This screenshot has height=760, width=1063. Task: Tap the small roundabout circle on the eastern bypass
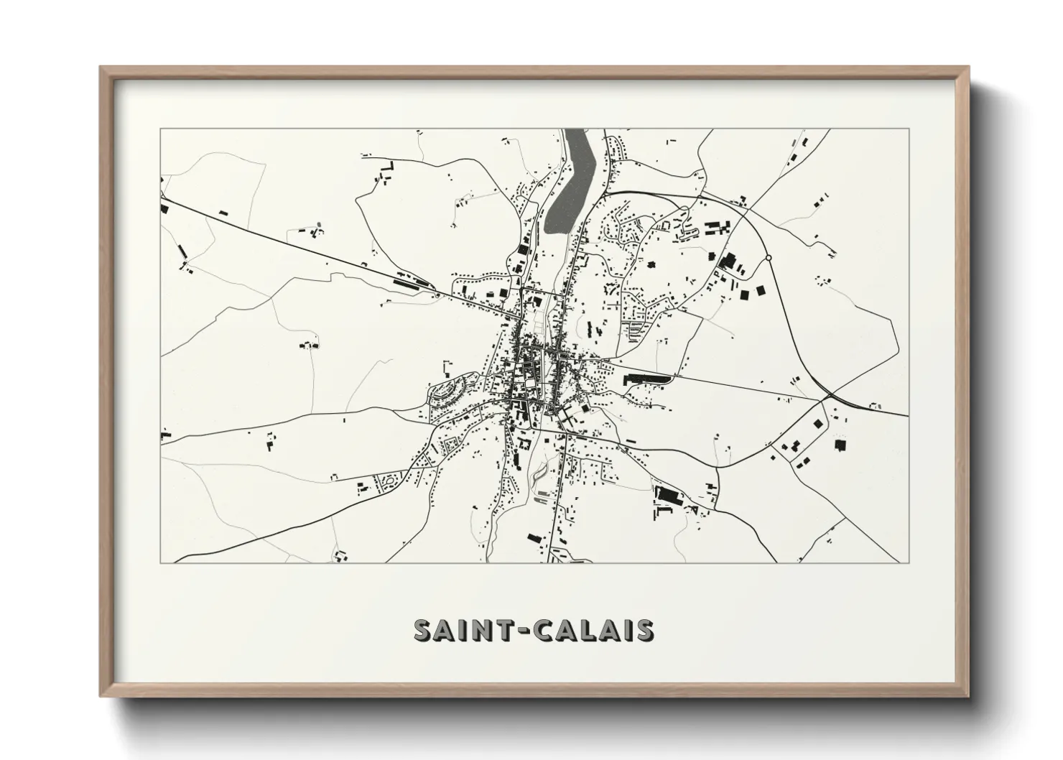point(769,257)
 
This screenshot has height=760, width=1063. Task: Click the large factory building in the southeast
point(668,495)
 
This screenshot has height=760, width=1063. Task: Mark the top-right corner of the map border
point(909,129)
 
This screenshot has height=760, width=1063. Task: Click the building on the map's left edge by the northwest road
point(164,208)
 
